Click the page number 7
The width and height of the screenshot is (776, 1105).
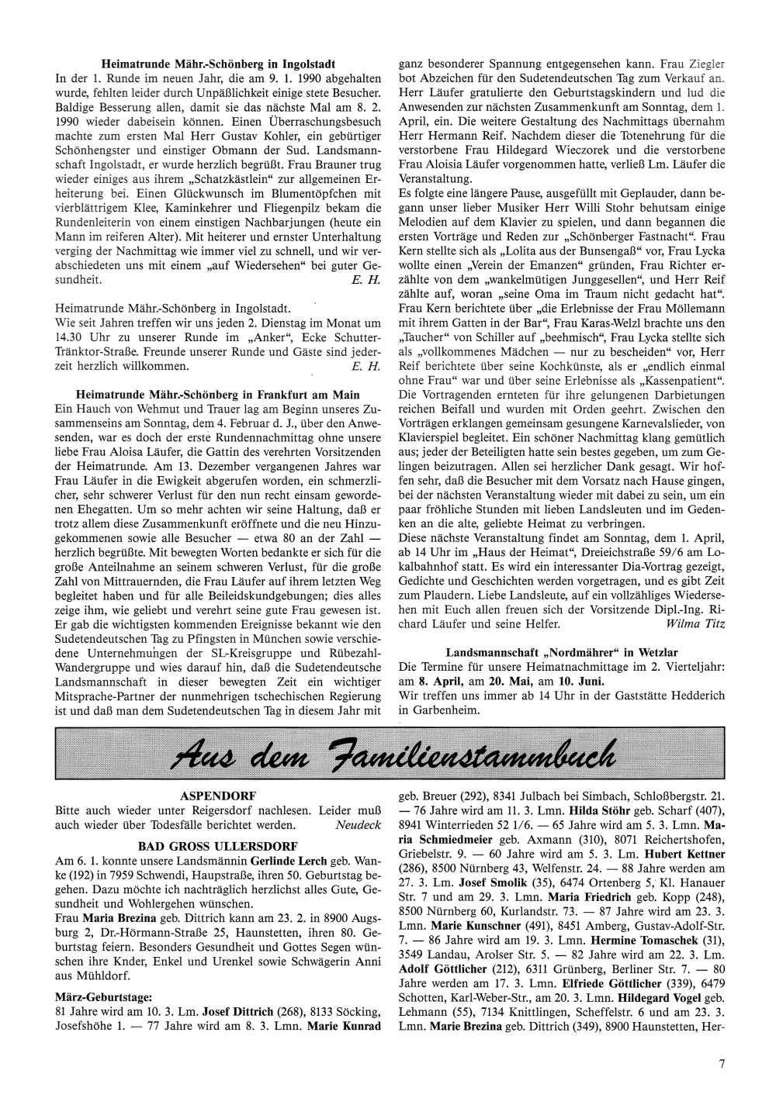click(721, 1064)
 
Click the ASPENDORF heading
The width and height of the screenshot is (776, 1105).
click(218, 796)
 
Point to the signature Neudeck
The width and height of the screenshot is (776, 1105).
click(359, 825)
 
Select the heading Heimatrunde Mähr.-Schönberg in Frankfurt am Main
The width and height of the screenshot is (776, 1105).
click(218, 394)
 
